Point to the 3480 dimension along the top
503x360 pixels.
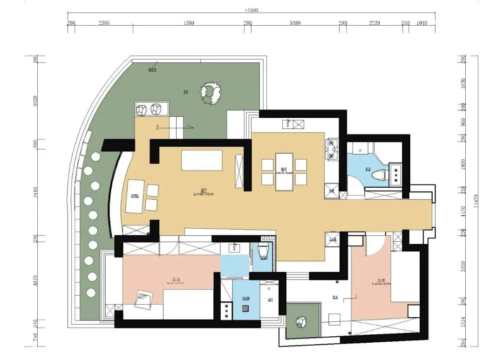coord(295,22)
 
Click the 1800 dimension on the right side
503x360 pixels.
coord(463,164)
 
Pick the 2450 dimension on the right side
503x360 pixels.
coord(463,267)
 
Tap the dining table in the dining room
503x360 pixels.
coord(284,171)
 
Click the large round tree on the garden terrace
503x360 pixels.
coord(210,93)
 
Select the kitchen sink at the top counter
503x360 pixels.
coord(293,124)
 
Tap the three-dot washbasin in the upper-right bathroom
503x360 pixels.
coord(396,174)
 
